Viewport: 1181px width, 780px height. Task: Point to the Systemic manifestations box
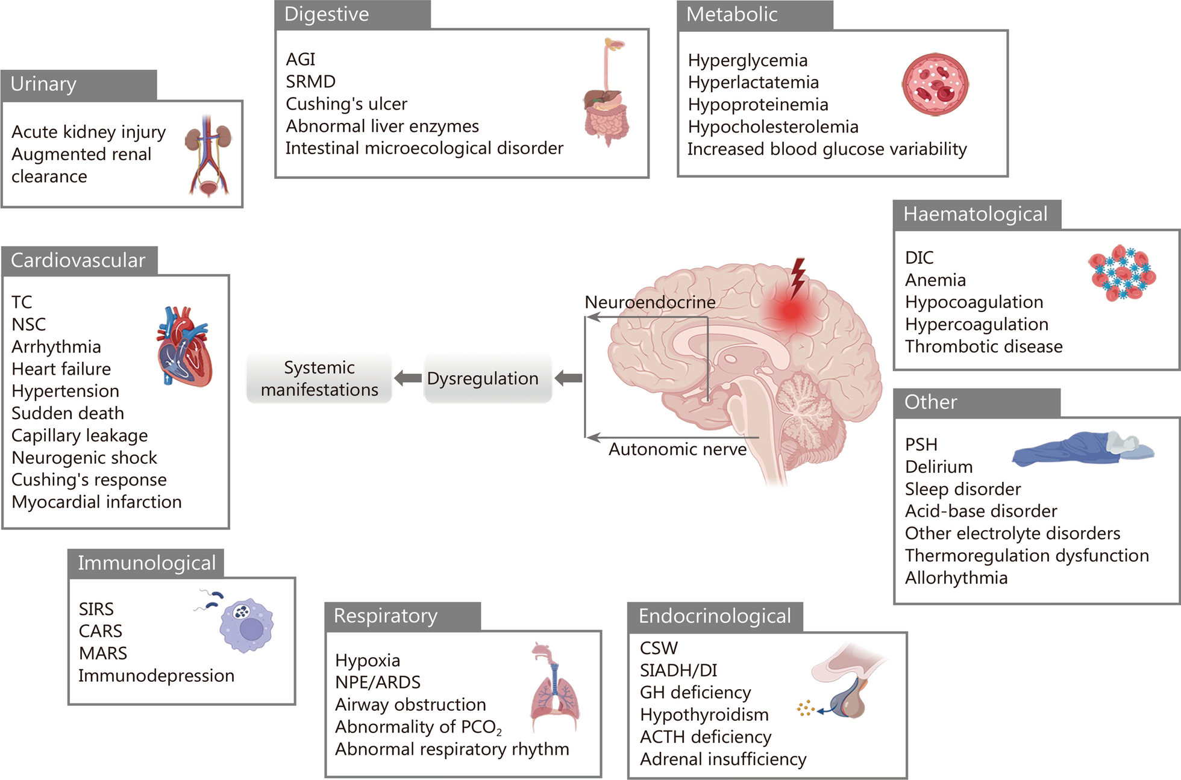click(319, 378)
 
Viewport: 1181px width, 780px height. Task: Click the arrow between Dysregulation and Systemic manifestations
click(408, 378)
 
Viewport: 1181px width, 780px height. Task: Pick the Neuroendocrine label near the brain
click(650, 302)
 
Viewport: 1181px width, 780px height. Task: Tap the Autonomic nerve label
click(677, 449)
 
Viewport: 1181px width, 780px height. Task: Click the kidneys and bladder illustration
click(208, 155)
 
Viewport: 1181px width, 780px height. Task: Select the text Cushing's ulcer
click(346, 104)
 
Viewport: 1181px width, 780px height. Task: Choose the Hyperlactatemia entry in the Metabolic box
click(753, 82)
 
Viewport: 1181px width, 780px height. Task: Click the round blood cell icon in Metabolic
click(935, 84)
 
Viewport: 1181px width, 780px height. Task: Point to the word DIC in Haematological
click(919, 258)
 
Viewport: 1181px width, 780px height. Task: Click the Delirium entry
click(939, 467)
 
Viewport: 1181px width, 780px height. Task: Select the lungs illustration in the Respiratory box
click(554, 687)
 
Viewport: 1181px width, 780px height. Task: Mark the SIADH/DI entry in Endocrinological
click(678, 670)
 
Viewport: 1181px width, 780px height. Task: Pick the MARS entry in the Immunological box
click(103, 653)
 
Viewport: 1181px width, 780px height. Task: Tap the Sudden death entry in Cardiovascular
click(67, 413)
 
